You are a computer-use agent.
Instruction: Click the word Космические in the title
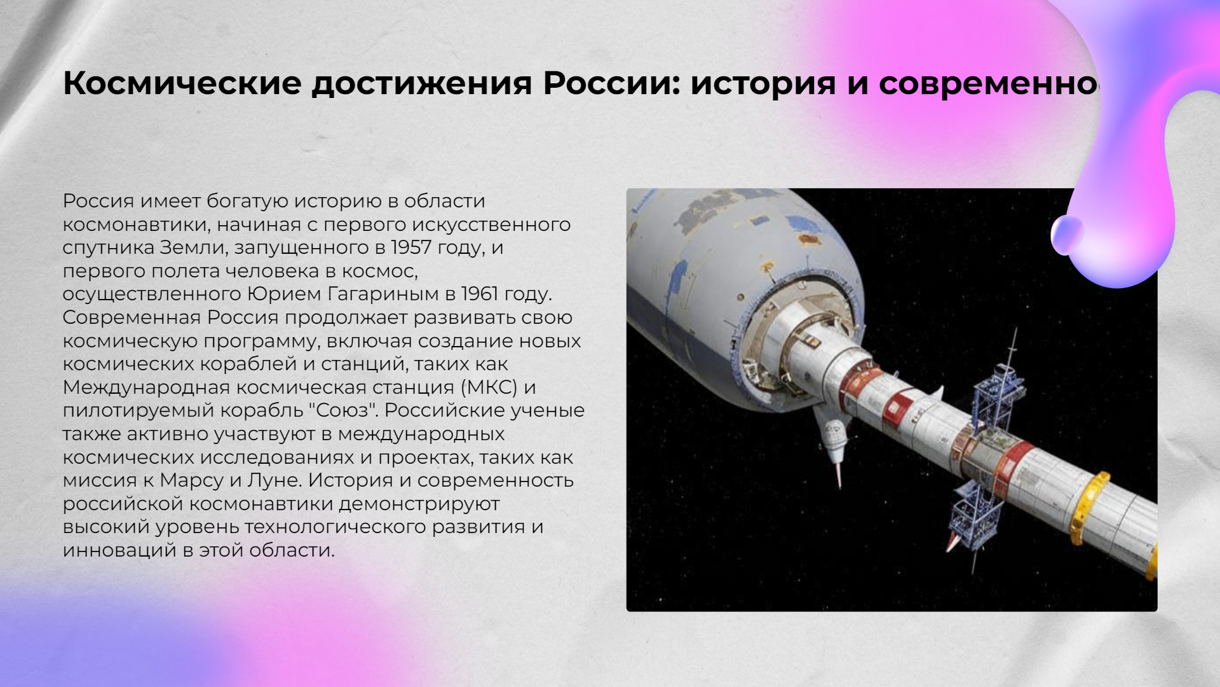182,83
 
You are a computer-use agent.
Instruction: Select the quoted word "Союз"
343,410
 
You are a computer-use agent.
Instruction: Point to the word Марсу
191,481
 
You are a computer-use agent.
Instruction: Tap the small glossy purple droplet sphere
1066,234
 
